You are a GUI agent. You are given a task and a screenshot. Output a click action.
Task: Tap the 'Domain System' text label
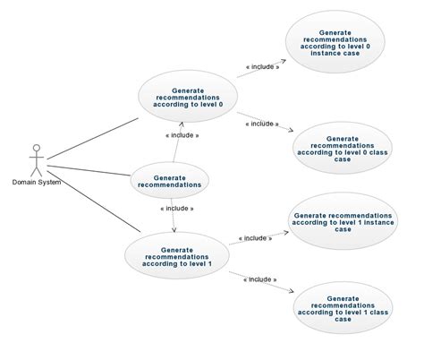pyautogui.click(x=37, y=183)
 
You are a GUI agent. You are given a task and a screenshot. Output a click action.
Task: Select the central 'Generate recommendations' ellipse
pyautogui.click(x=170, y=181)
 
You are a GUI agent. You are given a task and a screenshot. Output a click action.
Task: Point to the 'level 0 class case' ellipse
pyautogui.click(x=343, y=148)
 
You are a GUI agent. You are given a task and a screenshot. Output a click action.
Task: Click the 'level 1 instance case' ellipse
pyautogui.click(x=343, y=222)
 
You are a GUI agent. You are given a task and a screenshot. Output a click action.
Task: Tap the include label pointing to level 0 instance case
pyautogui.click(x=263, y=66)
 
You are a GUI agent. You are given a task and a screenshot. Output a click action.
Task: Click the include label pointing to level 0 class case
pyautogui.click(x=263, y=124)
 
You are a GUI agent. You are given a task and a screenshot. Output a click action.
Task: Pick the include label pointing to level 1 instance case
pyautogui.click(x=257, y=238)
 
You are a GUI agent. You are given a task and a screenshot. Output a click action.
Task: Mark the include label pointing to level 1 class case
pyautogui.click(x=259, y=279)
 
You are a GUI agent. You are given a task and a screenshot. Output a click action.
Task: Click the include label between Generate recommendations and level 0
pyautogui.click(x=182, y=135)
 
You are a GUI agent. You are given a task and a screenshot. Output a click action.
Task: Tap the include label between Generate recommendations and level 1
pyautogui.click(x=176, y=209)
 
